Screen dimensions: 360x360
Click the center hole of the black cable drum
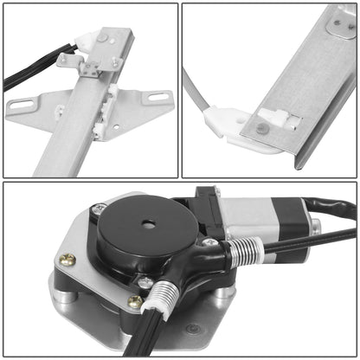(149, 225)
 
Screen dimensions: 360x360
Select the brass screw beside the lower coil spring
(135, 301)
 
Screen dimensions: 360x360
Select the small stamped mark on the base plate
(192, 330)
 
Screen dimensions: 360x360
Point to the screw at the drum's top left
(100, 209)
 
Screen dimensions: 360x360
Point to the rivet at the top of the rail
(103, 38)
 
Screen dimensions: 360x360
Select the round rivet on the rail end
(261, 128)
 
